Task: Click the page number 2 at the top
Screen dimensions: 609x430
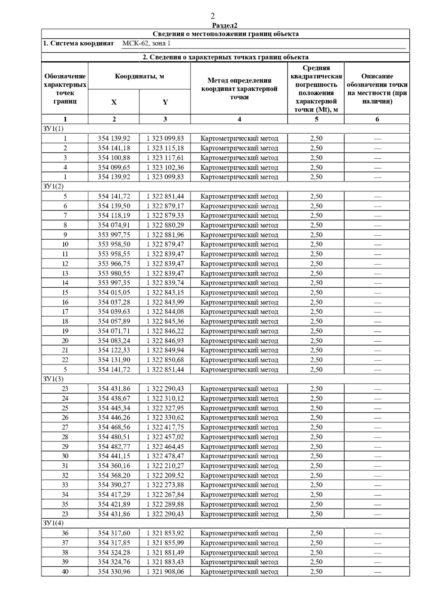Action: click(x=212, y=16)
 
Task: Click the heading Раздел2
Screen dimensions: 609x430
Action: click(x=225, y=25)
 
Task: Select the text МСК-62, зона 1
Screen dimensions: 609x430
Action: click(x=146, y=43)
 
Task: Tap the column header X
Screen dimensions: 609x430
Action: click(x=114, y=102)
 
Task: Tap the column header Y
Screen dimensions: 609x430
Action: click(x=165, y=102)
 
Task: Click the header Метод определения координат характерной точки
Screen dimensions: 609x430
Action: click(x=239, y=89)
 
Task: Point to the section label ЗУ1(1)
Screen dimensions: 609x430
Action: click(x=53, y=129)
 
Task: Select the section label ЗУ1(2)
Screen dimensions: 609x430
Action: click(x=53, y=187)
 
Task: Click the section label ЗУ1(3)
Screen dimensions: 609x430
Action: click(x=53, y=379)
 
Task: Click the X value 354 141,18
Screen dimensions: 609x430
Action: click(x=114, y=148)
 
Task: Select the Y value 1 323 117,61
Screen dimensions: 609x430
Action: click(x=165, y=158)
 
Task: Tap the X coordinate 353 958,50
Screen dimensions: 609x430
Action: click(x=114, y=244)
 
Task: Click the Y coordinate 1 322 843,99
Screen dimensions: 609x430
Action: click(x=165, y=302)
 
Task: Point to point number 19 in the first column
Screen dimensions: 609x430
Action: click(x=65, y=331)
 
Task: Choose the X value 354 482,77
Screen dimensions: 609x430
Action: click(x=114, y=447)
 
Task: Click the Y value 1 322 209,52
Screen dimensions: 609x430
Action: click(x=165, y=475)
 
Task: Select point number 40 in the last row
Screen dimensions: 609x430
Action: click(x=65, y=572)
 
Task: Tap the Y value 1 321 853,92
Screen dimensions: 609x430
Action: click(x=165, y=533)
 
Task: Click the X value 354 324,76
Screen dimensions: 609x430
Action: click(x=114, y=562)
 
